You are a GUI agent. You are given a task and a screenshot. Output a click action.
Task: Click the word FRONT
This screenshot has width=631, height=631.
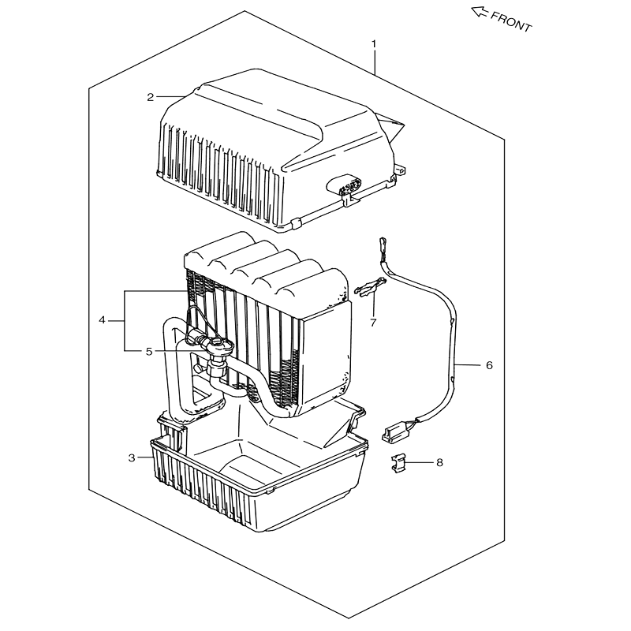(x=511, y=21)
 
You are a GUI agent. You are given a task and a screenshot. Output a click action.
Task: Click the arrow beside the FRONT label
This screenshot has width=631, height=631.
(x=480, y=12)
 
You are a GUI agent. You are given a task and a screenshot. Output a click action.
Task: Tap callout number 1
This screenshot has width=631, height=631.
(x=374, y=43)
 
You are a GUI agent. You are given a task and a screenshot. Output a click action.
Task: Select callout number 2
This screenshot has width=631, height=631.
(x=150, y=97)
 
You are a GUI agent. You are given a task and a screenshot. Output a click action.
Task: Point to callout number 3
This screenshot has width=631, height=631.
(x=132, y=458)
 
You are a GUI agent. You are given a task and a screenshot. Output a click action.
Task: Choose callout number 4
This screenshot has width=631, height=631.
(x=102, y=320)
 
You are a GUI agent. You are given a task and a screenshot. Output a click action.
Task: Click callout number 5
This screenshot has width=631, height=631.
(x=149, y=352)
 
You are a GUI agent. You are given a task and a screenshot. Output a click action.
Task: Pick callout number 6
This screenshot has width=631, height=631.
(x=489, y=365)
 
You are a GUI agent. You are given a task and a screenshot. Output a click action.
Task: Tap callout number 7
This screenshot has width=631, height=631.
(x=373, y=323)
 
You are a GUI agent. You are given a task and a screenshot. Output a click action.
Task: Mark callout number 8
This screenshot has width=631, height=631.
(x=439, y=463)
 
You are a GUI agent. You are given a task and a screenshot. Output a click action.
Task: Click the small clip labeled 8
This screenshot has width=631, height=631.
(x=398, y=463)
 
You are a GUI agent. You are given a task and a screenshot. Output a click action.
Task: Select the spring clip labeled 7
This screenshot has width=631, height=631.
(x=370, y=286)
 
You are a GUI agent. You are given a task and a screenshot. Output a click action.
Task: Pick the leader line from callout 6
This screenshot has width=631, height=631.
(x=468, y=365)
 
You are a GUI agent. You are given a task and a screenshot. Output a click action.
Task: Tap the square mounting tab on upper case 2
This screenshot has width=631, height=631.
(x=400, y=170)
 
